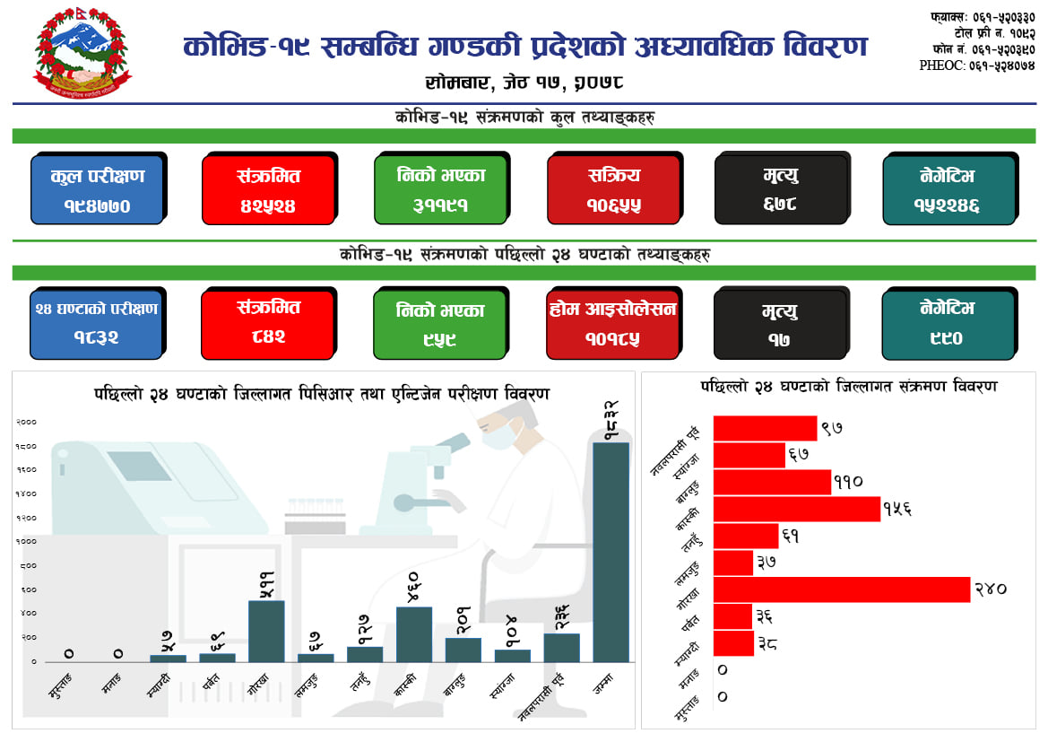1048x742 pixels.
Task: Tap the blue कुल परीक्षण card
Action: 97,189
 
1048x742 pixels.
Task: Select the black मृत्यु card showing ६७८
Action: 781,189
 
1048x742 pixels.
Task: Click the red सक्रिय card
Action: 614,189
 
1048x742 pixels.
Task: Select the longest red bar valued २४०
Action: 841,589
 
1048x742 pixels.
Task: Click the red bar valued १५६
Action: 796,509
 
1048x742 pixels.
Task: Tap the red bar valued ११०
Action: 772,482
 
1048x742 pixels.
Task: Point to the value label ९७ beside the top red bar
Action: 832,429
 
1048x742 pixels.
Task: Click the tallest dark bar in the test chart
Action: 611,552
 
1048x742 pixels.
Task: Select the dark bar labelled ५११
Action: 266,631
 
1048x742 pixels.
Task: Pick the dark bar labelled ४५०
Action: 413,634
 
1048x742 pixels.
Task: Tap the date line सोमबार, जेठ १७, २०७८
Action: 524,82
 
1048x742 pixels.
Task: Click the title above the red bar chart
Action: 848,387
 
